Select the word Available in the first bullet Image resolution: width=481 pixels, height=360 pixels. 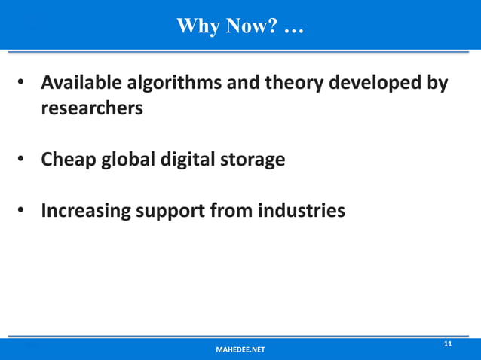[x=84, y=82]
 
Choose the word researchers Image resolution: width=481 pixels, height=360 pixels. [x=92, y=108]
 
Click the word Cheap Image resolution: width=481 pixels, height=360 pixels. [x=69, y=160]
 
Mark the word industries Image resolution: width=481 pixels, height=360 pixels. [x=301, y=210]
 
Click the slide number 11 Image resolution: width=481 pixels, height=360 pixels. [x=447, y=344]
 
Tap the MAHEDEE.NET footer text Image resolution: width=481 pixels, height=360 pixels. [x=240, y=350]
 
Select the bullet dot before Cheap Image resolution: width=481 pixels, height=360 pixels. [x=23, y=160]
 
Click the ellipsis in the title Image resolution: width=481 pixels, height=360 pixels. [x=295, y=30]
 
